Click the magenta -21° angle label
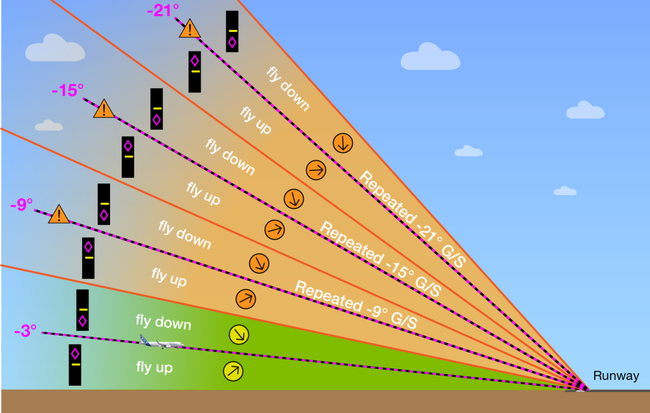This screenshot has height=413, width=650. [163, 10]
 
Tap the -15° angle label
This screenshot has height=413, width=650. [67, 90]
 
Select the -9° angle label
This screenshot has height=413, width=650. [22, 205]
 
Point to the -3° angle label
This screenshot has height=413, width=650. [25, 330]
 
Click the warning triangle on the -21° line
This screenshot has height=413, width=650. [190, 29]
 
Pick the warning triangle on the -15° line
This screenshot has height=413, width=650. [104, 109]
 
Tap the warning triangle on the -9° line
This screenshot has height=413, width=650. [59, 215]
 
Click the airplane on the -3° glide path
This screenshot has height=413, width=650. [162, 342]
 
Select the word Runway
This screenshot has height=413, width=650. [616, 376]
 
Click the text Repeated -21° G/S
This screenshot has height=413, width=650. [412, 219]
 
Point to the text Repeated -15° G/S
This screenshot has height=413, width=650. [380, 259]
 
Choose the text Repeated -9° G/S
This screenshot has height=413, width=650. [356, 304]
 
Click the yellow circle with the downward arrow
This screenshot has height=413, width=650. [239, 334]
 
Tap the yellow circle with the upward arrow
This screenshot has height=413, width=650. [234, 371]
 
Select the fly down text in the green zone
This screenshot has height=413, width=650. [164, 322]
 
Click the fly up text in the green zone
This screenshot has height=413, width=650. [154, 367]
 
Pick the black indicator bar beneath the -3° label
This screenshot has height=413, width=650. [75, 365]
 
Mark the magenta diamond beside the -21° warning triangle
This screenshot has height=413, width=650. [232, 42]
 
